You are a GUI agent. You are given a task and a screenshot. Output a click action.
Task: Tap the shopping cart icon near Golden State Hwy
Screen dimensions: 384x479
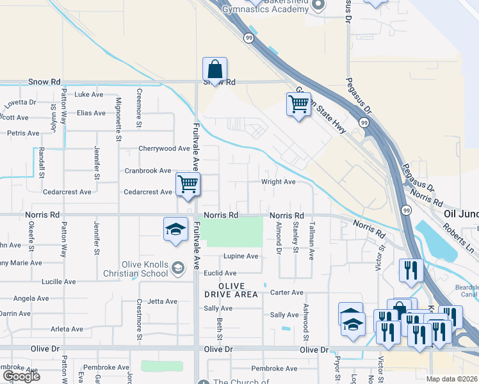298,104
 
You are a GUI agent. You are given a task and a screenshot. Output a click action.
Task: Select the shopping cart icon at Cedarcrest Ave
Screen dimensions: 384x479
188,184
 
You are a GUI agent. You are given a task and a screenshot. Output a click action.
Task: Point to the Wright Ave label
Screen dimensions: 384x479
277,182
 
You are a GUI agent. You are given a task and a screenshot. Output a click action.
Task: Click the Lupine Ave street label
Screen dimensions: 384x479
241,257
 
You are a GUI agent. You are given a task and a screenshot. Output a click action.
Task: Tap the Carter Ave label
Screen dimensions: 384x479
286,292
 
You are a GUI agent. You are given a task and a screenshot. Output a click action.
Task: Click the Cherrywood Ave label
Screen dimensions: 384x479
165,148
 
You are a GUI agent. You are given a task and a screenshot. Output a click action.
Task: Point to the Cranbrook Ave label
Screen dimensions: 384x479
148,171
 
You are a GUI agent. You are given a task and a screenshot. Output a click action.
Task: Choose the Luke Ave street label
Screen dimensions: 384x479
89,95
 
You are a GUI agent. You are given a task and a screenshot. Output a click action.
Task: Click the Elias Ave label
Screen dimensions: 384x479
90,113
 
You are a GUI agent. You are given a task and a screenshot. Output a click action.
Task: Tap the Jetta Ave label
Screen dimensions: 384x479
162,301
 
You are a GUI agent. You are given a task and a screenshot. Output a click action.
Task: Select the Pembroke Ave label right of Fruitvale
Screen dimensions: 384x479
274,369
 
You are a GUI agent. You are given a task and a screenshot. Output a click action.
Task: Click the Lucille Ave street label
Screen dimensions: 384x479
58,282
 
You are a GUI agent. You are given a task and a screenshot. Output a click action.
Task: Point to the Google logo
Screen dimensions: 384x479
21,376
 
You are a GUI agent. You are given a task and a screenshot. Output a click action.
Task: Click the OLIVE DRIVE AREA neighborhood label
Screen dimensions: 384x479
231,290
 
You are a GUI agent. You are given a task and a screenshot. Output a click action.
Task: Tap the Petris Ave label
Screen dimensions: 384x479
23,134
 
